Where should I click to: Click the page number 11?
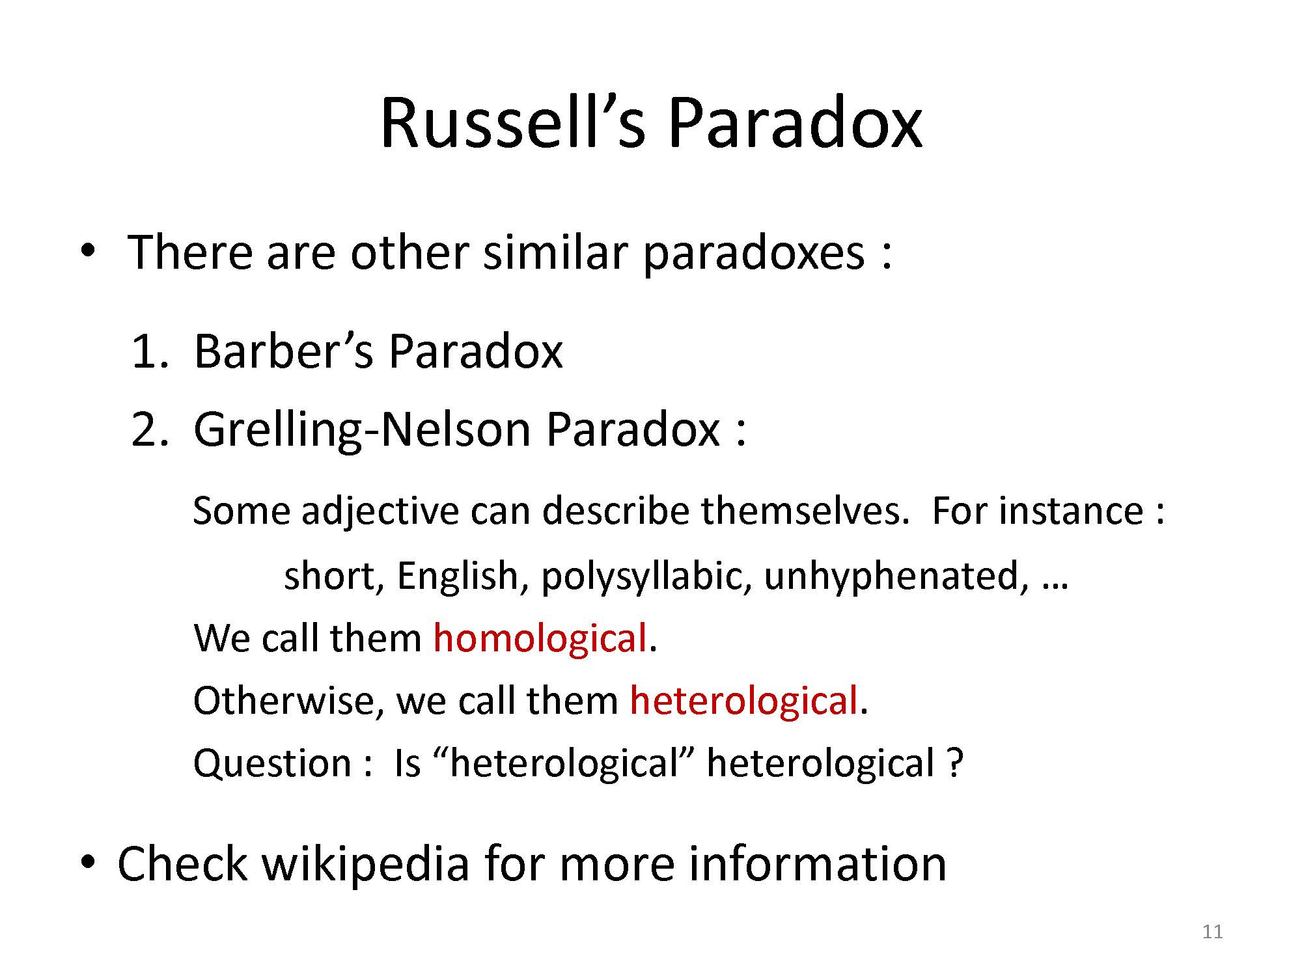tap(1212, 932)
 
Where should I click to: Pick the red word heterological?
tap(743, 701)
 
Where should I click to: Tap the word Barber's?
tap(284, 351)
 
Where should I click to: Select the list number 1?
tap(148, 351)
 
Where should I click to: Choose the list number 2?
tap(148, 430)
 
